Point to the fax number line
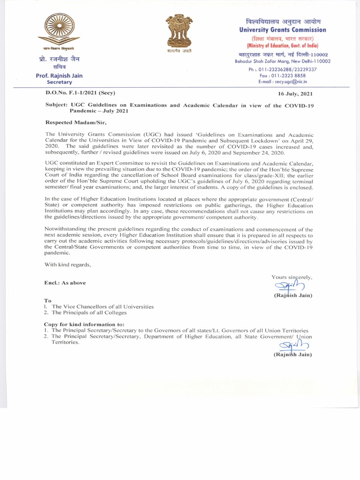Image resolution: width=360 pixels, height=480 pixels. tap(283, 75)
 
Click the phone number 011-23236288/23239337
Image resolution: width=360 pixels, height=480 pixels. tap(283, 69)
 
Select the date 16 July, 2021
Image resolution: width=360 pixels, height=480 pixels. tap(295, 93)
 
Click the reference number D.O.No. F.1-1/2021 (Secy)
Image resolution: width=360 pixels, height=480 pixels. tap(79, 92)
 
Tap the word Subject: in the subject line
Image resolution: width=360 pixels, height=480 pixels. tap(56, 105)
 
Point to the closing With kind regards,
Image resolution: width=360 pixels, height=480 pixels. tap(67, 264)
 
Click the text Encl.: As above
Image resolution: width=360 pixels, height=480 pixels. tap(65, 283)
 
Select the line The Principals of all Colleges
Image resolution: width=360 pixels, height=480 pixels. tap(89, 312)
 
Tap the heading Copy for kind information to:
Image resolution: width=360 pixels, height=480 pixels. tap(84, 324)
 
